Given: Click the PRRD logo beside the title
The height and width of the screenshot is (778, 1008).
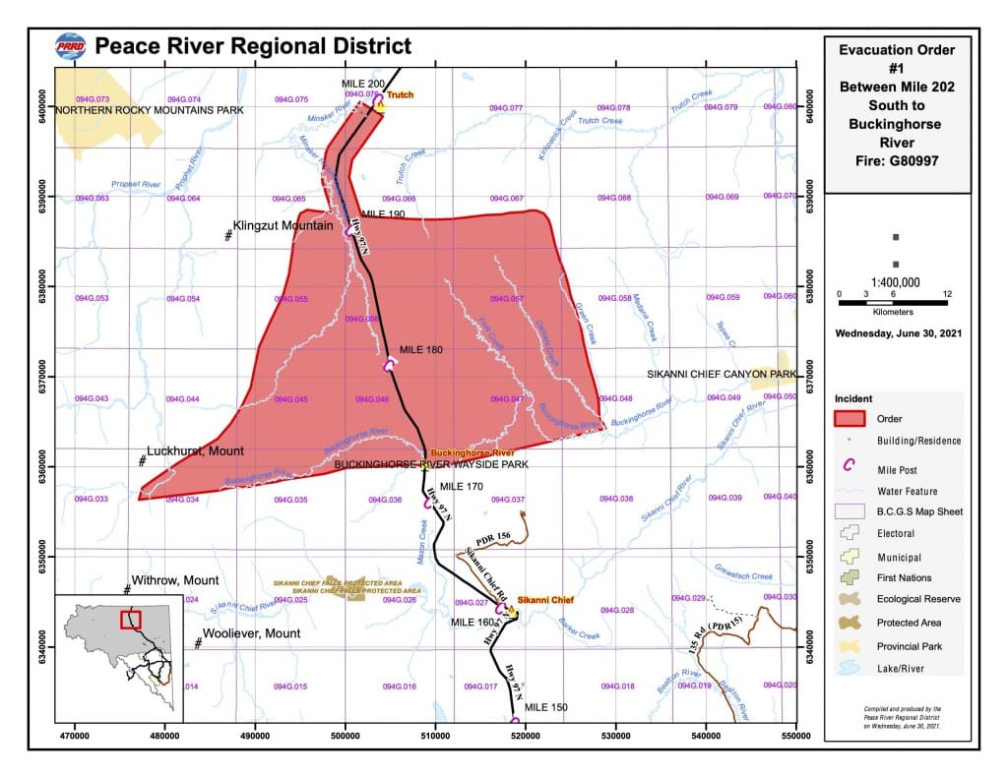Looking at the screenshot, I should coord(71,46).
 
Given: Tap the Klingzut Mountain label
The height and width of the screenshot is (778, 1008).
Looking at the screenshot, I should coord(283,225).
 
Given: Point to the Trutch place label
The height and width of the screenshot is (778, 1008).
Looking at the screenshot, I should coord(399,95).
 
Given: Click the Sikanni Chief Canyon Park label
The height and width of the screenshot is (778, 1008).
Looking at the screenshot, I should coord(721,375).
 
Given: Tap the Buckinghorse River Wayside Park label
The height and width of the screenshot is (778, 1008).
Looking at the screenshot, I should coord(431,463).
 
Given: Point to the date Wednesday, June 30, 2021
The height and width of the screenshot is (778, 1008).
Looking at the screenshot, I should coord(898,332).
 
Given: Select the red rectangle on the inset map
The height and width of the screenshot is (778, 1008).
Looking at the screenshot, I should coord(130,619).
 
